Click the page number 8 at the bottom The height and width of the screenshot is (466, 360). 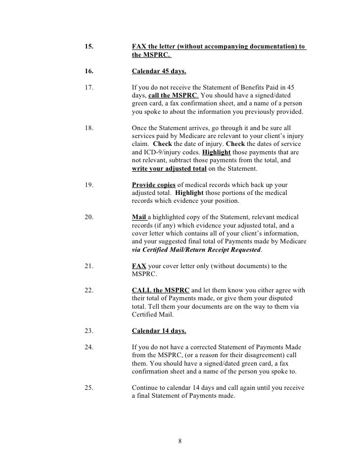point(180,441)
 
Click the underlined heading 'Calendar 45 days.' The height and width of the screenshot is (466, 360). point(158,72)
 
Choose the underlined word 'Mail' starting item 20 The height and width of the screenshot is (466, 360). point(139,217)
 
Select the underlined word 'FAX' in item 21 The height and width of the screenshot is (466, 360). point(139,266)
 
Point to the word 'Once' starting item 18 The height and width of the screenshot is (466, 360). point(141,127)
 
